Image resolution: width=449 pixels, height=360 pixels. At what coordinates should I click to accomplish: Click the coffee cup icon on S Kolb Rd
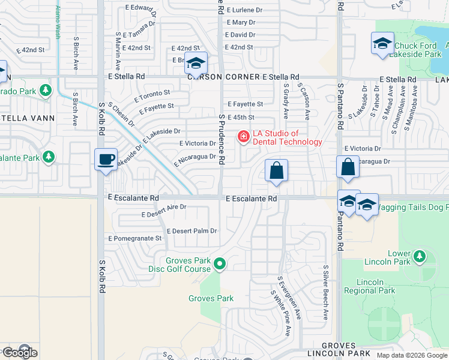point(106,160)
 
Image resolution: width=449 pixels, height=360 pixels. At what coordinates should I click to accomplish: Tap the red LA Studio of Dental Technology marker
point(243,137)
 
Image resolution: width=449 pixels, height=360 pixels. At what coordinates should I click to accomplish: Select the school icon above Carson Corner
point(196,62)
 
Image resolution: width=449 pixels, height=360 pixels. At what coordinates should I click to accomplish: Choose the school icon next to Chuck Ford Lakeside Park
point(382,43)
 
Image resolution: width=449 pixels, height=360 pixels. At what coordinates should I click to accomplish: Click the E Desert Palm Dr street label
point(192,231)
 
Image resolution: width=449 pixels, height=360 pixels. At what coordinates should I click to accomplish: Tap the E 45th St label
point(241,118)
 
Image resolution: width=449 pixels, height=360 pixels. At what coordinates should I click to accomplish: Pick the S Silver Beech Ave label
point(326,292)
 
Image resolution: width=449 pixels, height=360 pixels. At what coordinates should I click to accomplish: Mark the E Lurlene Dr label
point(244,10)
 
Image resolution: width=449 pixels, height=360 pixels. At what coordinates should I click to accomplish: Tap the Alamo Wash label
point(58,22)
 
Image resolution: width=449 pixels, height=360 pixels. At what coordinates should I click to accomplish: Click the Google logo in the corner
point(19,353)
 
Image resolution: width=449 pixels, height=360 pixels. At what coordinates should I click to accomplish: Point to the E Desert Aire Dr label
point(164,206)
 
